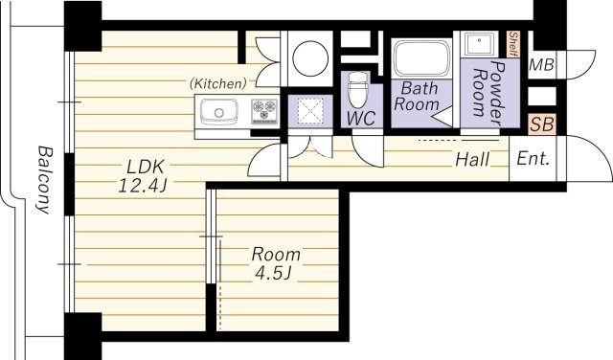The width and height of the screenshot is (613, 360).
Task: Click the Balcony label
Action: [x=44, y=180]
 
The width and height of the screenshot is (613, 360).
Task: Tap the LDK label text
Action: [x=145, y=168]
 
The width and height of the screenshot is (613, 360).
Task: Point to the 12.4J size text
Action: [x=143, y=186]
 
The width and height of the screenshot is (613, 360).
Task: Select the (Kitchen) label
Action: [x=218, y=83]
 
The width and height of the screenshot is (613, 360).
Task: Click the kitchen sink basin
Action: [x=219, y=112]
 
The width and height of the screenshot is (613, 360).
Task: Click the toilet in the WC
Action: [x=357, y=89]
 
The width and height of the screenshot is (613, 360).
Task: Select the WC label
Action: [x=362, y=119]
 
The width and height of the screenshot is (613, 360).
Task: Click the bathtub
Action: [x=421, y=58]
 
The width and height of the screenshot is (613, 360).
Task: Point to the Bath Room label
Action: [x=417, y=97]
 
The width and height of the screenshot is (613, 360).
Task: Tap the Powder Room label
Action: [x=489, y=93]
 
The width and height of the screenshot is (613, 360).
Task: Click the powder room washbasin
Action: [x=479, y=45]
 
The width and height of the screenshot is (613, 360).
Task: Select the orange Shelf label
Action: [x=513, y=44]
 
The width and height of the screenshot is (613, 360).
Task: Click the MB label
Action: [x=541, y=65]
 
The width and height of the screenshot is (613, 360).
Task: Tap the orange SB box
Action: [x=542, y=124]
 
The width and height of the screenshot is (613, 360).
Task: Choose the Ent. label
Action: [x=534, y=159]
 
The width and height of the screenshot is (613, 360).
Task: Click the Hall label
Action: [x=472, y=160]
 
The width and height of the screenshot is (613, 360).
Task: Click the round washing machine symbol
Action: [x=310, y=58]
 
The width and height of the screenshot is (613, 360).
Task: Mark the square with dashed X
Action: [x=310, y=111]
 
